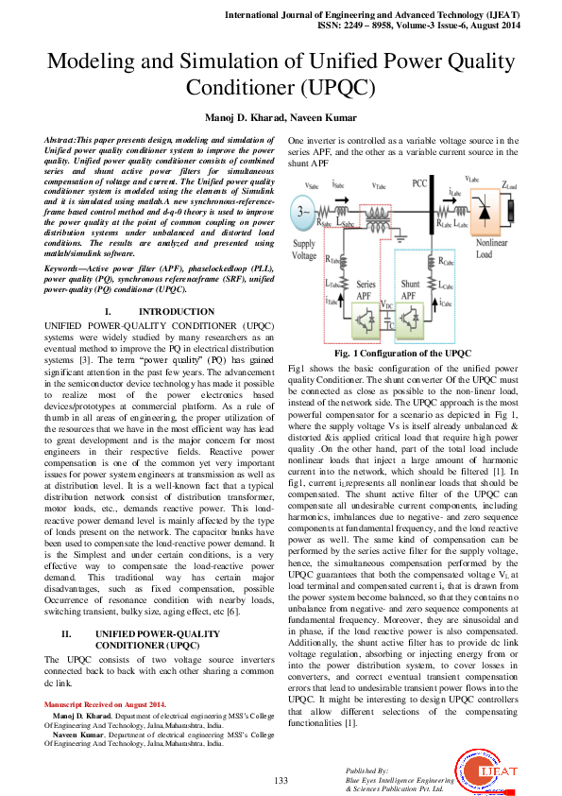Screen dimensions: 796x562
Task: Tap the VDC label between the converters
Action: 386,306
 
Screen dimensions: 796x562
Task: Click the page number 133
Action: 281,779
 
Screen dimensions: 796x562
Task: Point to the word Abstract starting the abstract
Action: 61,139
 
